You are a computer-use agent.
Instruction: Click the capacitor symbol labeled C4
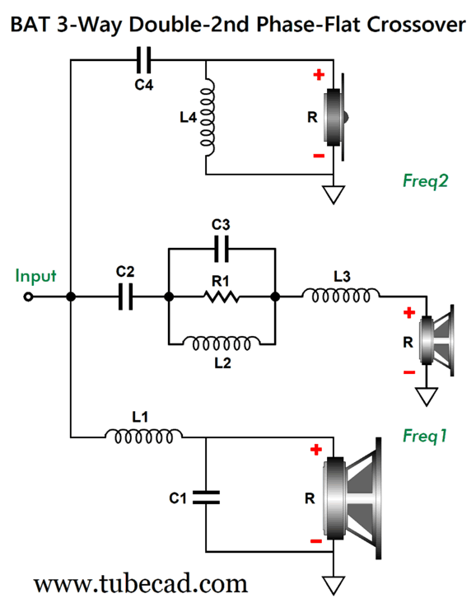pos(144,60)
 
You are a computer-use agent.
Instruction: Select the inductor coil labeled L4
pos(208,118)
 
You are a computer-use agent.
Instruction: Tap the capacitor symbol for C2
pos(125,297)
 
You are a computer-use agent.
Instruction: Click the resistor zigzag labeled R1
pos(221,297)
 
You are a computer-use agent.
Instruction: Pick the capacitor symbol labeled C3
pos(221,249)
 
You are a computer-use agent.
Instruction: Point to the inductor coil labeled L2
pos(222,343)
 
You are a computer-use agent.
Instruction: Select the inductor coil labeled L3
pos(341,296)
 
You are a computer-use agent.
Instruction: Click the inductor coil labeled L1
pos(144,436)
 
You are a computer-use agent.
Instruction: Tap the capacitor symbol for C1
pos(206,498)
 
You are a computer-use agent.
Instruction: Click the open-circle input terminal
pos(28,297)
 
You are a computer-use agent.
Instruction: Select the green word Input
pos(35,276)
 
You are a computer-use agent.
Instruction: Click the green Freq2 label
pos(426,180)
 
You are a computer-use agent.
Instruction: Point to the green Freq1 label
pos(425,436)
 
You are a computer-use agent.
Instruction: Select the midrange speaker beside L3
pos(437,340)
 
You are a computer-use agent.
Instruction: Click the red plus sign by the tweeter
pos(319,74)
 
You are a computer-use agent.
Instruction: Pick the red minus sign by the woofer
pos(316,541)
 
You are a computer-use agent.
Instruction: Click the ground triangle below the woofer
pos(334,586)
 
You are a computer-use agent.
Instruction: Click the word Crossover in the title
pos(416,25)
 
